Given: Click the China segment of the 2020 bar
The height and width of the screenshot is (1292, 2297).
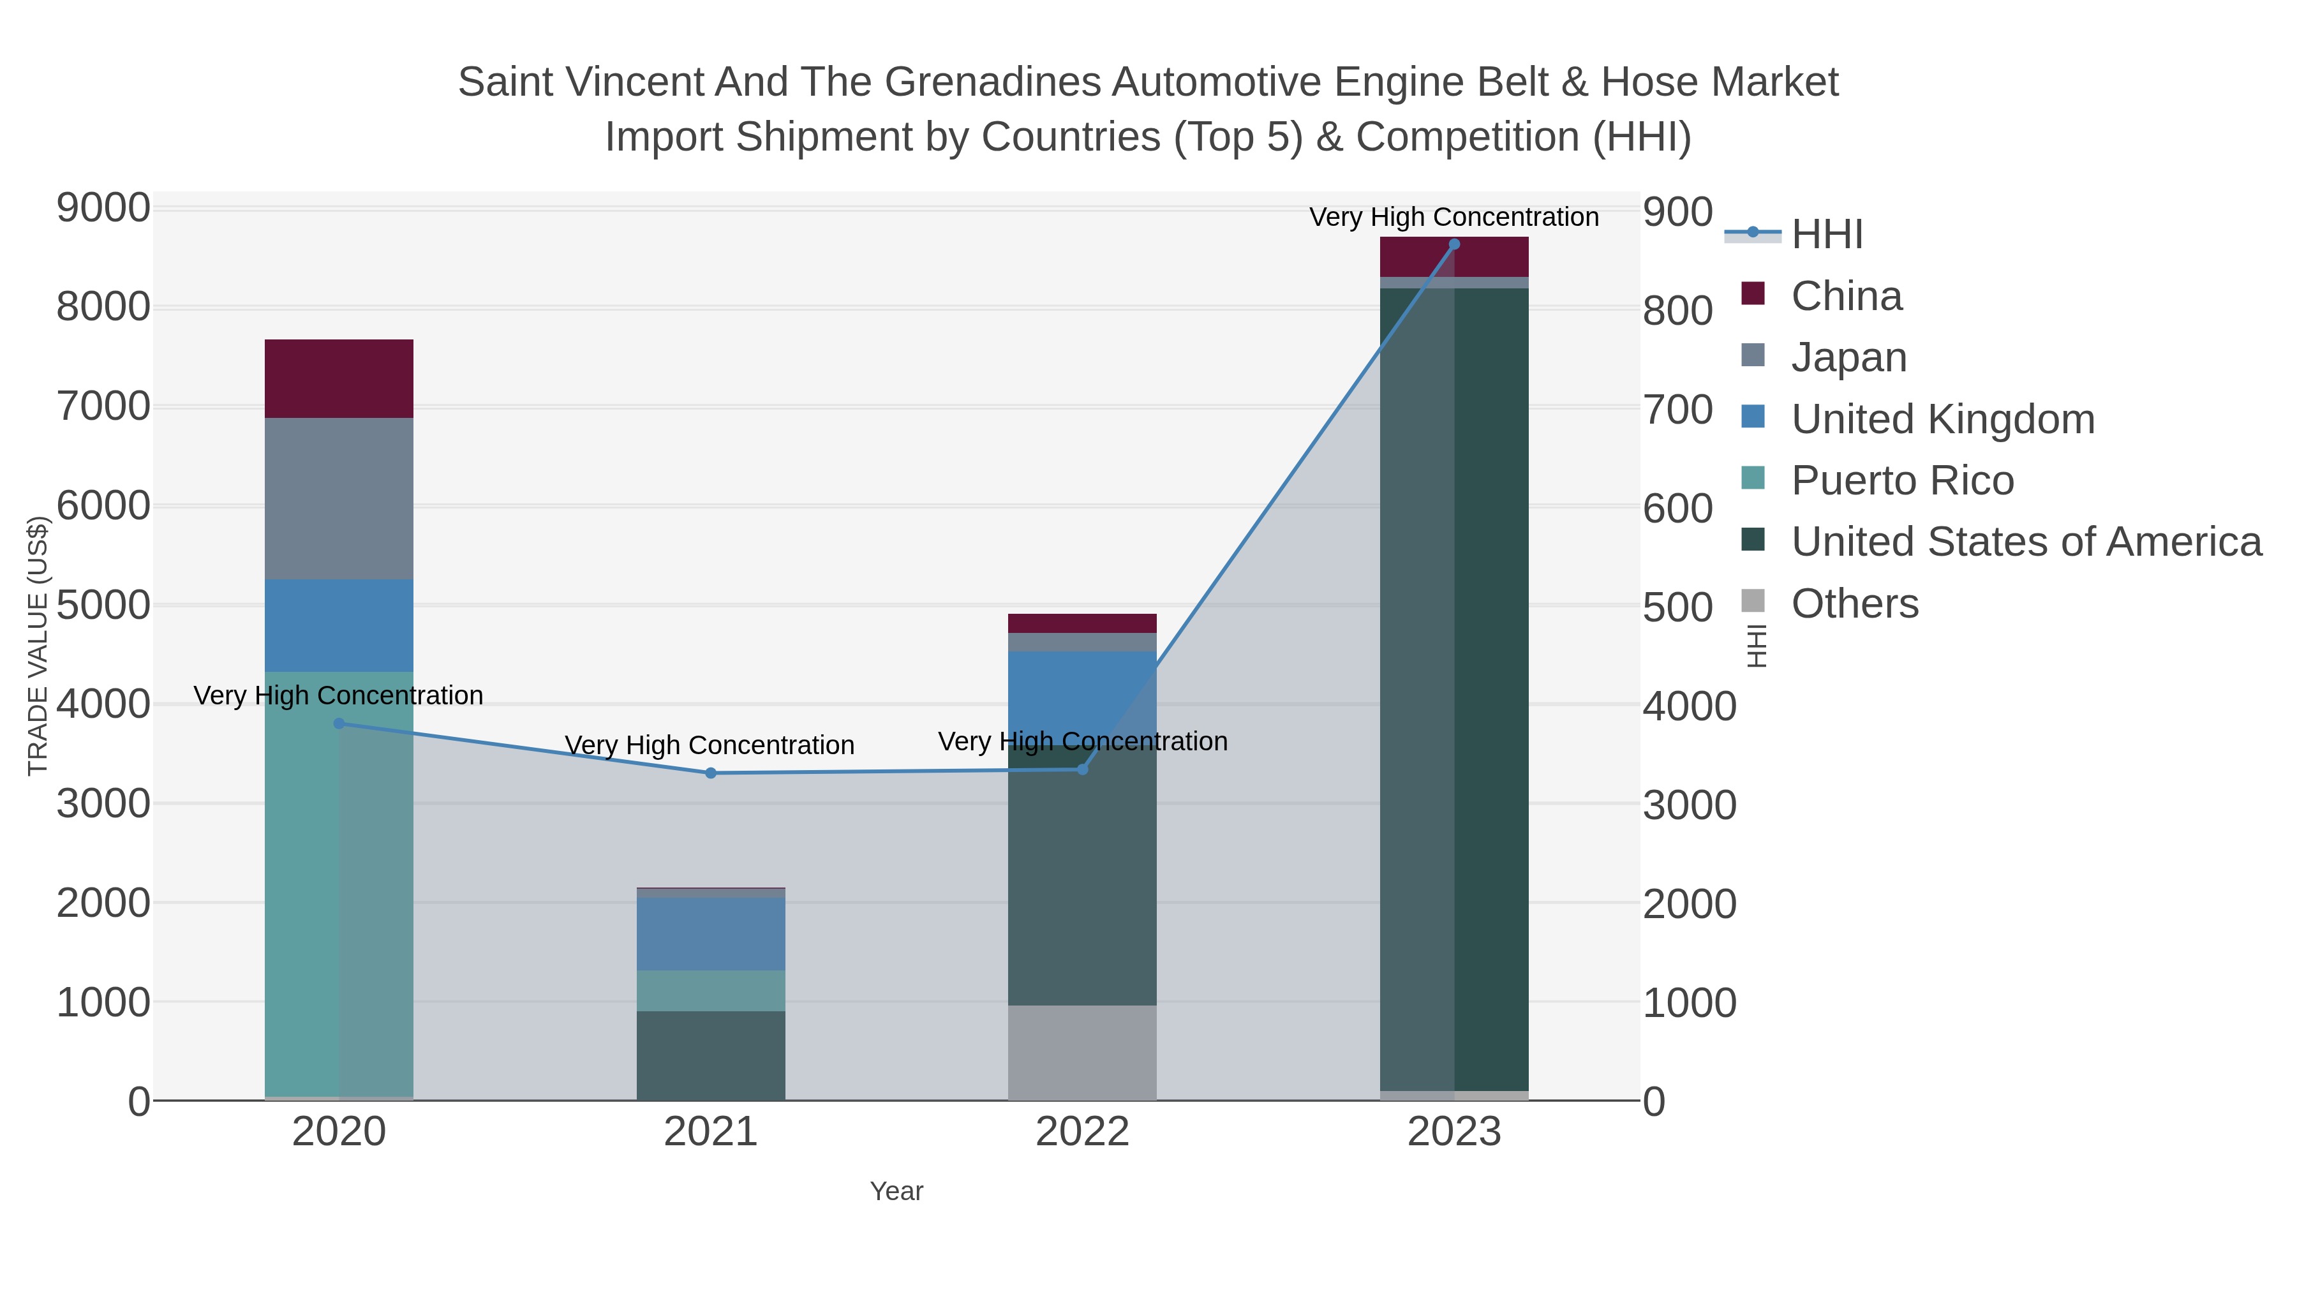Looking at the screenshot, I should point(339,378).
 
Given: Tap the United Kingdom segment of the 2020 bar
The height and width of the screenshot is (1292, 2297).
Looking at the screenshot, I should point(339,625).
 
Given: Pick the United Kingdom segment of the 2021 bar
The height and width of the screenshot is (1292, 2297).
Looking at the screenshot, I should point(711,933).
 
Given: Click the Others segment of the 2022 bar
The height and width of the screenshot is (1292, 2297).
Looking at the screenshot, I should point(1082,1052).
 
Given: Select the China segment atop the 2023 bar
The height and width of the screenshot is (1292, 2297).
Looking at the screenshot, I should point(1453,256).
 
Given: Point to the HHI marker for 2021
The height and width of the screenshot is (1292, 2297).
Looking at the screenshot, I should point(711,773).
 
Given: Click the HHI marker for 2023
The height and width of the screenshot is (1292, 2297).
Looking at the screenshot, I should point(1453,244).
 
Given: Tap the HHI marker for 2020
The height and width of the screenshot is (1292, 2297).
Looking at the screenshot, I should point(339,723).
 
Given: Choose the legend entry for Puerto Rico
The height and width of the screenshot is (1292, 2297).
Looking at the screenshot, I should point(1902,480).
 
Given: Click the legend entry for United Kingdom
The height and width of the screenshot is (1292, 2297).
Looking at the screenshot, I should point(1942,419).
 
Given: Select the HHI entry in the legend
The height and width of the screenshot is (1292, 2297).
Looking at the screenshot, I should point(1826,235).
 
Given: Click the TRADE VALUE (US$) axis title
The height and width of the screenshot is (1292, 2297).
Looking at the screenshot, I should point(38,646).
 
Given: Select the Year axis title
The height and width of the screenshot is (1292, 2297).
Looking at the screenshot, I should point(896,1191).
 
